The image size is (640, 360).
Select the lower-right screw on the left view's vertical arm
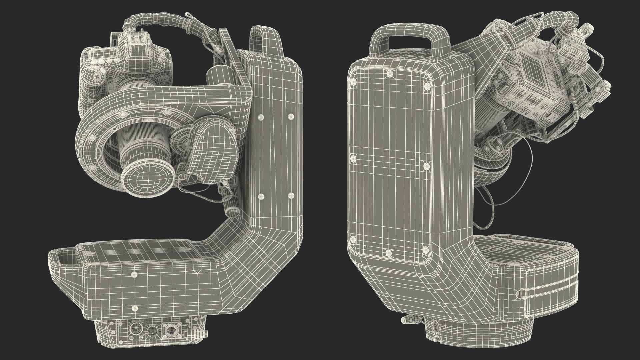[x=291, y=196]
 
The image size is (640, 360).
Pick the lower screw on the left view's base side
[x=134, y=307]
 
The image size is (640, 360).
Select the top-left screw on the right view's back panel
[x=353, y=81]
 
